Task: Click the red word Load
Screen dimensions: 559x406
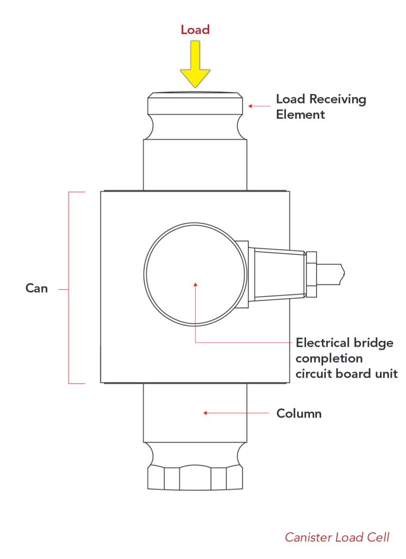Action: pyautogui.click(x=195, y=30)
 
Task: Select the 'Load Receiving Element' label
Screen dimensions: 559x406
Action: pyautogui.click(x=321, y=106)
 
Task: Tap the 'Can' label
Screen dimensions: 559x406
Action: pyautogui.click(x=36, y=288)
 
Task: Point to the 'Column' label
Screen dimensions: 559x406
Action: pyautogui.click(x=299, y=413)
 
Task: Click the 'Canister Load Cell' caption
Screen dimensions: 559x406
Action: pyautogui.click(x=337, y=537)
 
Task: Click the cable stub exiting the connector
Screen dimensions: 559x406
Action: pyautogui.click(x=331, y=273)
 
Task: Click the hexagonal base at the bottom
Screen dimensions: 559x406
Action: pyautogui.click(x=195, y=477)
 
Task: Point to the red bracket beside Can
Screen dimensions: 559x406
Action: pyautogui.click(x=69, y=288)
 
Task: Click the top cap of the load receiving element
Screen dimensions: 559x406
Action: pyautogui.click(x=195, y=102)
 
